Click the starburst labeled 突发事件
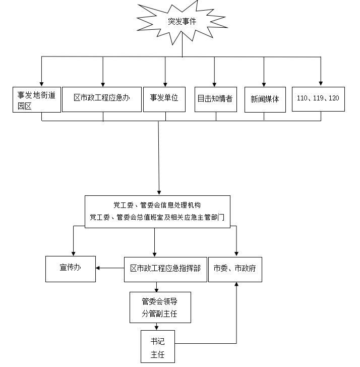point(182,22)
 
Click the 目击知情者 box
point(215,98)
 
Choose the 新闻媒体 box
point(264,99)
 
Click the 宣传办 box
point(70,268)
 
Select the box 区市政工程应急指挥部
point(164,269)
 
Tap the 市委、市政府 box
point(235,269)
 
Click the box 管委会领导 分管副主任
point(160,308)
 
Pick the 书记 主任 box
point(158,347)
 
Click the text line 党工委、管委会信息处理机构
point(157,205)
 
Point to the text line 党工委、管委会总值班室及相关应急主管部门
point(157,218)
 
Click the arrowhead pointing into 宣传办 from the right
point(99,268)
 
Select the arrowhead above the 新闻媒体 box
point(264,84)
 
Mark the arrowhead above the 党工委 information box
point(159,193)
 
